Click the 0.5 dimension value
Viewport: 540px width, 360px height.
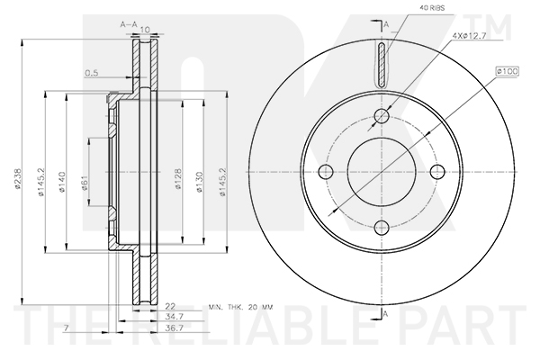click(91, 74)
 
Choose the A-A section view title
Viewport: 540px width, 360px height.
click(129, 27)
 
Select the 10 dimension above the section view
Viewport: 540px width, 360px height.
click(144, 29)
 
